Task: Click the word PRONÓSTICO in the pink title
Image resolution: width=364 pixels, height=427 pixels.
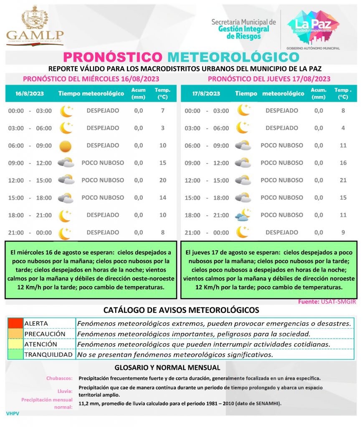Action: pos(112,57)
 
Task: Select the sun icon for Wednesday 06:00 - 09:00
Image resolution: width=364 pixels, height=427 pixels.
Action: pos(66,146)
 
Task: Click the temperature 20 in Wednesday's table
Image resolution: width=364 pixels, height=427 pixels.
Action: pos(162,180)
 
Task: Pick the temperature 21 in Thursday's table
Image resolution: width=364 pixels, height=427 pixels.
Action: pos(343,180)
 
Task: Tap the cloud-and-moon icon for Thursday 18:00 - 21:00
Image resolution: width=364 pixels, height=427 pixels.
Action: pos(243,215)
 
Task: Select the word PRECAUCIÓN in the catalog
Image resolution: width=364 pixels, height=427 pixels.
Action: pos(45,334)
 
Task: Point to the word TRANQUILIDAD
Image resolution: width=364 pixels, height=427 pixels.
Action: pos(48,355)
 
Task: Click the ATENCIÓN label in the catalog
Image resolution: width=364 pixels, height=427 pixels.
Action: pos(41,344)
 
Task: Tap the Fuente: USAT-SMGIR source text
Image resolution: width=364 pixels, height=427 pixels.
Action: pos(327,301)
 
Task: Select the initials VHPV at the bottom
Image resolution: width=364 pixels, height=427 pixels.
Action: pos(13,414)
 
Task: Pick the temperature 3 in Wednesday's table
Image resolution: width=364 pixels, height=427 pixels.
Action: pos(162,128)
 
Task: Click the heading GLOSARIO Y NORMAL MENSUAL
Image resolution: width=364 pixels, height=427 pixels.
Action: pos(167,368)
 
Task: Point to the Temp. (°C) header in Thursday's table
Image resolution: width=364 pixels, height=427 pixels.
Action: pos(343,94)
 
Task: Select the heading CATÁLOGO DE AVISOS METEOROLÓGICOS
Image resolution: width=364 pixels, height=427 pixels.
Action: pos(181,310)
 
